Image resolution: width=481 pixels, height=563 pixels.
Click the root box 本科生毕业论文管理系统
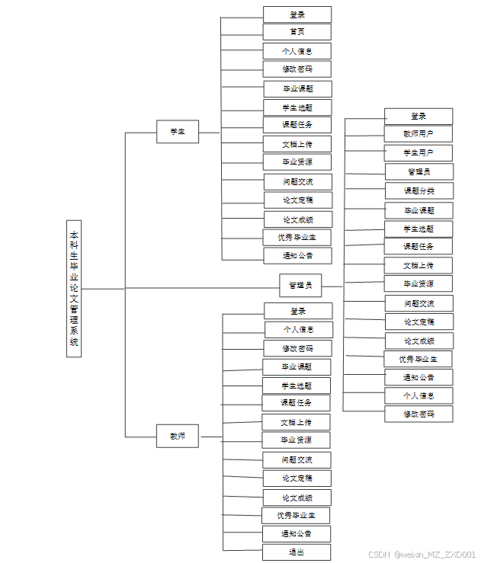[x=74, y=289]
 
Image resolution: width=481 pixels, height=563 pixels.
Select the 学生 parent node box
[x=178, y=132]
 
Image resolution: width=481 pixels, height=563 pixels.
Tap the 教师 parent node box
[x=178, y=437]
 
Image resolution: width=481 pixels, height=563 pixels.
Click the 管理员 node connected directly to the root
[x=300, y=286]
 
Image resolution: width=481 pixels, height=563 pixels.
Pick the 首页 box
[x=297, y=32]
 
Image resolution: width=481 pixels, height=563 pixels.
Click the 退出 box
[x=297, y=552]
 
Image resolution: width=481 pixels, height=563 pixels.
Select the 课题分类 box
[x=419, y=190]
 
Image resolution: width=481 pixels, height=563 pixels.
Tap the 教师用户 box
[x=418, y=134]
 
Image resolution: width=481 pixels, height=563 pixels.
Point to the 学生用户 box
[x=418, y=153]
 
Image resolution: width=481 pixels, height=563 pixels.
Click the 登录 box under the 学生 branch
[x=297, y=14]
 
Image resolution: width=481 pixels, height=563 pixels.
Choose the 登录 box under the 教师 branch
[x=298, y=311]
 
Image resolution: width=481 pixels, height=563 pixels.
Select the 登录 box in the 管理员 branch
[x=418, y=117]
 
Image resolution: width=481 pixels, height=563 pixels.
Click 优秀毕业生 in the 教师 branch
[x=297, y=516]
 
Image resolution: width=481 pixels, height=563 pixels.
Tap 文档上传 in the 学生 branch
[x=297, y=144]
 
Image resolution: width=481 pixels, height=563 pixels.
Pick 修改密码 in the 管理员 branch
[x=419, y=414]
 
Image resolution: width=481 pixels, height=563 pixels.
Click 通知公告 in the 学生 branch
[x=297, y=255]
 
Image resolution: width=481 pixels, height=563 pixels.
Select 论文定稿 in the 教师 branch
[x=297, y=478]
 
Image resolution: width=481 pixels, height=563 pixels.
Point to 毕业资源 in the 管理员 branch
[x=419, y=284]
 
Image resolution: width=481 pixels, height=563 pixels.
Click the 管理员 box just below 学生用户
[x=419, y=171]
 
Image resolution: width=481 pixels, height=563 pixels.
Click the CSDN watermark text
[x=422, y=555]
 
